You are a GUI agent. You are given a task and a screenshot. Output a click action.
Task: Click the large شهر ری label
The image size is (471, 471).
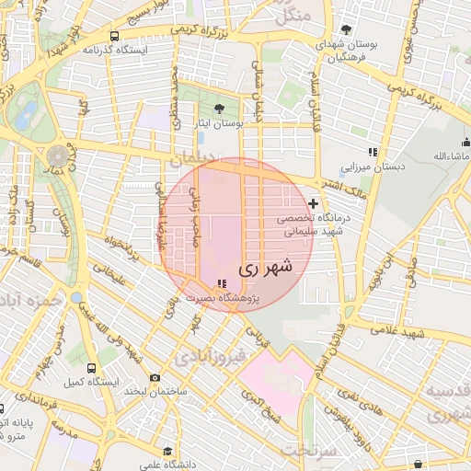pos(265,269)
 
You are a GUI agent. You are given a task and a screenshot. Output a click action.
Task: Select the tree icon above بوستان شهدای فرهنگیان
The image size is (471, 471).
pos(346,29)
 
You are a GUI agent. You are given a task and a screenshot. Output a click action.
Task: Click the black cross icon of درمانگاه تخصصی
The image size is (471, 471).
pos(314,203)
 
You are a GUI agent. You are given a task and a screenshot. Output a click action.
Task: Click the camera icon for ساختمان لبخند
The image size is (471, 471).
pos(155,378)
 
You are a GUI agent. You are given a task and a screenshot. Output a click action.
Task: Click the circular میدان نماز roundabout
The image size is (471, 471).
pos(58,155)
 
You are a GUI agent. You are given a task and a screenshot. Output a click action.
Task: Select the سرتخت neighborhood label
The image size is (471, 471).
pos(307,451)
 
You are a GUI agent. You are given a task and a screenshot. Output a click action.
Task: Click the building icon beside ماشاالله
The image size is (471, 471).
pos(465,142)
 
